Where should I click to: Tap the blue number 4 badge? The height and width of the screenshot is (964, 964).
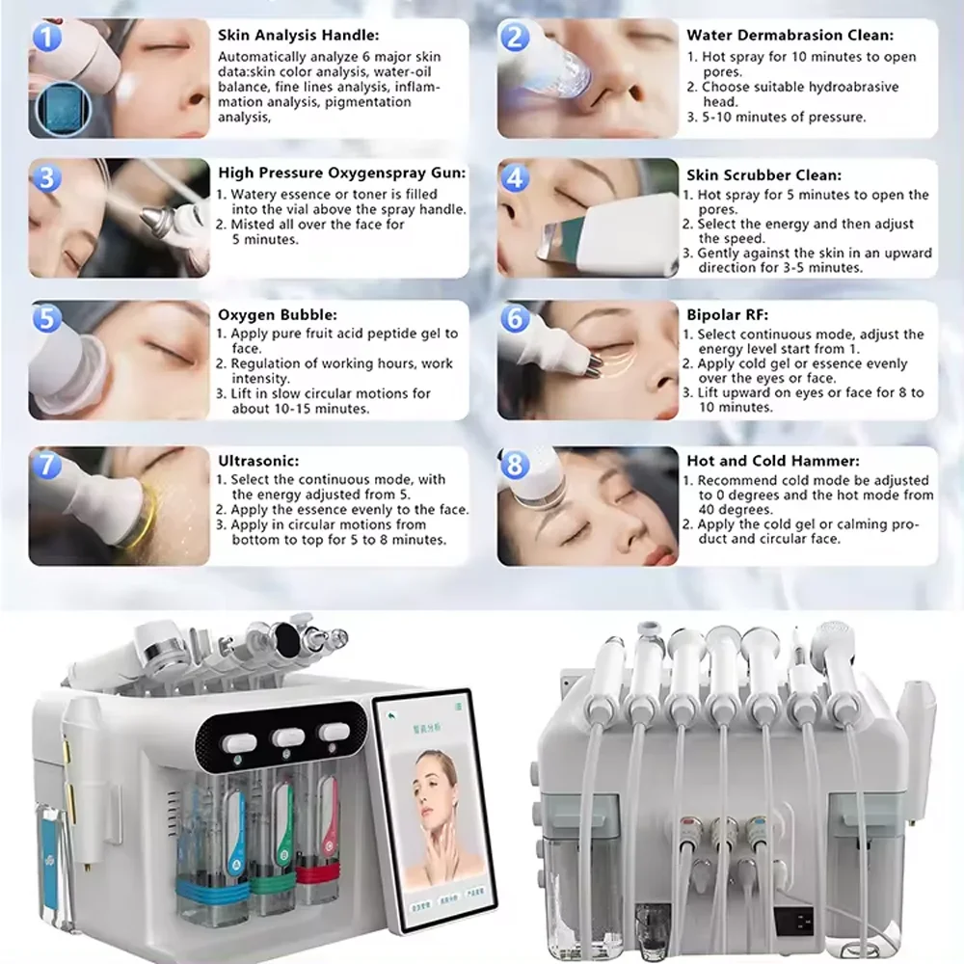pyautogui.click(x=517, y=178)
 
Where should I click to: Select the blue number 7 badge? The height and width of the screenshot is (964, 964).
pyautogui.click(x=46, y=466)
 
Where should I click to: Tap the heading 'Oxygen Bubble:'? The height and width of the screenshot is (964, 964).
pyautogui.click(x=263, y=314)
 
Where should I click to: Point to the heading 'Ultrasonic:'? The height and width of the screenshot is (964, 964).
pyautogui.click(x=257, y=462)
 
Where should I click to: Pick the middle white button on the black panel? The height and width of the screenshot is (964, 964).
pyautogui.click(x=288, y=737)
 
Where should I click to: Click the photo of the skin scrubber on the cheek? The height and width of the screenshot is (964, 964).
pyautogui.click(x=588, y=218)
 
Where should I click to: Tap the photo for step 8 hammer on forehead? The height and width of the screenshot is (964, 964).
pyautogui.click(x=588, y=505)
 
